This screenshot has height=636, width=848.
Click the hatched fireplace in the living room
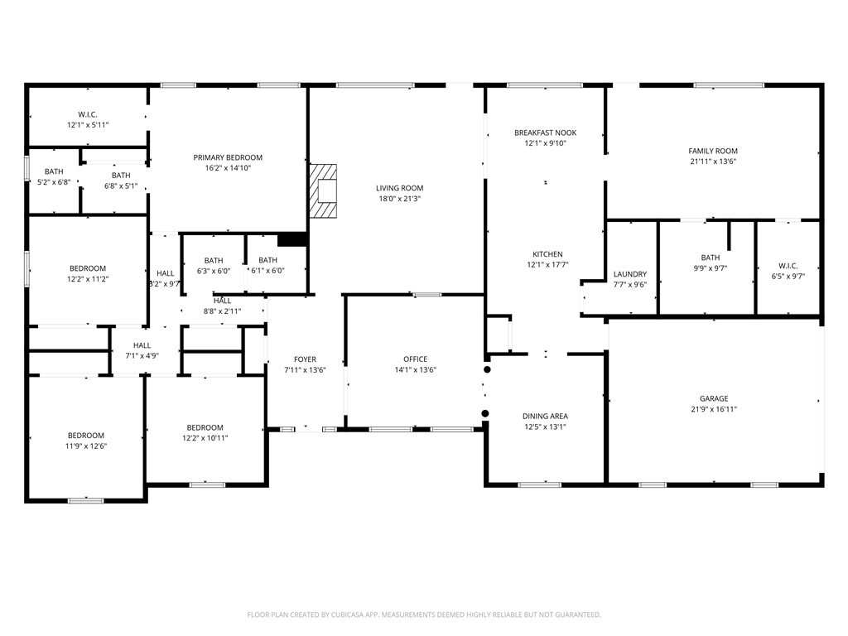click(323, 191)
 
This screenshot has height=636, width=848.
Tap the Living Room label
click(400, 188)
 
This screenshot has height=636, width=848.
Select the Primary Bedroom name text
click(228, 157)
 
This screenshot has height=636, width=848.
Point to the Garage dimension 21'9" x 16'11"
click(714, 409)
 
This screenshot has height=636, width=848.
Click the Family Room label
click(713, 151)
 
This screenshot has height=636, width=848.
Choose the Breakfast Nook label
click(545, 132)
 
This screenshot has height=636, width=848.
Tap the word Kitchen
click(547, 254)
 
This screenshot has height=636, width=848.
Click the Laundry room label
click(630, 274)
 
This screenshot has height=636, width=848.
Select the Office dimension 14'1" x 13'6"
click(416, 370)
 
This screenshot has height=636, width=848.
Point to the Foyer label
click(305, 359)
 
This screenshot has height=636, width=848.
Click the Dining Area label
click(545, 416)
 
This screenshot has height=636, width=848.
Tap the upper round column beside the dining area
click(487, 369)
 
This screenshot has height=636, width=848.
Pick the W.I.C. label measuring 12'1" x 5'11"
click(88, 114)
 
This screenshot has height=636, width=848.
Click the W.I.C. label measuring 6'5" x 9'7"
click(788, 266)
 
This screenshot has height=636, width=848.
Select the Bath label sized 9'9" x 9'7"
click(710, 258)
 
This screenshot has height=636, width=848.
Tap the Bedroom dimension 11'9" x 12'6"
click(86, 446)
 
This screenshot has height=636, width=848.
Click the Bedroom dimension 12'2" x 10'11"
click(205, 438)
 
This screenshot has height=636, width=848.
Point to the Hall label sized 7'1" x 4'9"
click(142, 345)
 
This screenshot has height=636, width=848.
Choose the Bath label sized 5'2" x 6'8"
click(54, 171)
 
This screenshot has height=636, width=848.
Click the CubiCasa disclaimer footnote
click(424, 614)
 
